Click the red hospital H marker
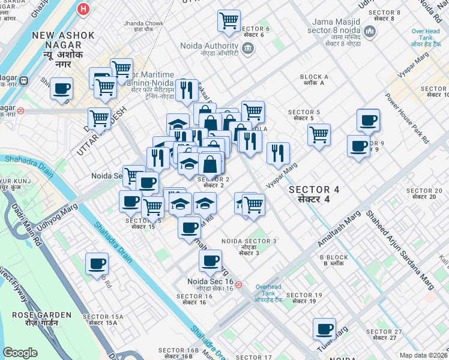click(x=83, y=10)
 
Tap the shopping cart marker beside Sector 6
click(x=229, y=21)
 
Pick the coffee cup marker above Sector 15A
click(x=97, y=263)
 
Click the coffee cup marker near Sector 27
click(x=325, y=329)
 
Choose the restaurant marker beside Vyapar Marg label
click(x=278, y=153)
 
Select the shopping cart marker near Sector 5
click(x=319, y=133)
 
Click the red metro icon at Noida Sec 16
click(x=239, y=284)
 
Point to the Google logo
click(x=20, y=352)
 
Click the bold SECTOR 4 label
click(x=314, y=190)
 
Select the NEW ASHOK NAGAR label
click(x=64, y=36)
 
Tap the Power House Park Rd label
click(x=408, y=118)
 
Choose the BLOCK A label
click(x=314, y=77)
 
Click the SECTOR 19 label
click(x=304, y=295)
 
